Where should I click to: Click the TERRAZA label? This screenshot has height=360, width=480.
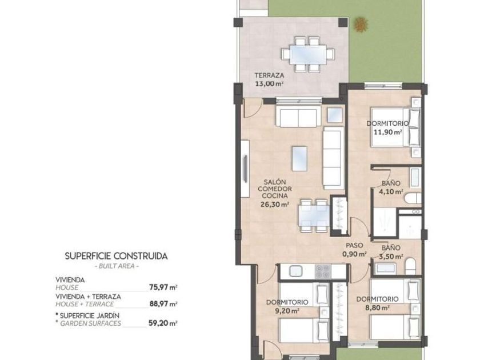pos(269,75)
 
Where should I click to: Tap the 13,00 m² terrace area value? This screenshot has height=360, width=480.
pos(269,83)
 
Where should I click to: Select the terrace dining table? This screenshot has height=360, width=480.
pos(308,54)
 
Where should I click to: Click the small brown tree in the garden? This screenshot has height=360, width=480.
pos(361,24)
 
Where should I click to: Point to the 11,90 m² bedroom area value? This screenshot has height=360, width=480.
pos(388,132)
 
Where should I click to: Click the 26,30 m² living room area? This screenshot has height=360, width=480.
pos(275,204)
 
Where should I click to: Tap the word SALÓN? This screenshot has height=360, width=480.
pos(275,182)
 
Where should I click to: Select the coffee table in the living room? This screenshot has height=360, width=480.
pos(299,159)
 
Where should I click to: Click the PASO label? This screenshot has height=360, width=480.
pos(354,245)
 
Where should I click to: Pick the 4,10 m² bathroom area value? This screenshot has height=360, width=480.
pos(391,192)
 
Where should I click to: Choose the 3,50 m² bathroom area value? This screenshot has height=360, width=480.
pos(391,257)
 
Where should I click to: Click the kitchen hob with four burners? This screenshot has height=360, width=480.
pos(323,271)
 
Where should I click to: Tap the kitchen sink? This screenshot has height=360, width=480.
pos(295,271)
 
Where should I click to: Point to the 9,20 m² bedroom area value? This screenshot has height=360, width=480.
pos(287,311)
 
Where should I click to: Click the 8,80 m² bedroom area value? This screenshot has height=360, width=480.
pos(378,307)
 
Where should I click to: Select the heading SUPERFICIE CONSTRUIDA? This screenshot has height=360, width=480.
pos(117,256)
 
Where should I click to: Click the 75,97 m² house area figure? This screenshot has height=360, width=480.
pos(163,287)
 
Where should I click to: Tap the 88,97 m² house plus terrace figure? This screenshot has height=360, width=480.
pos(163,304)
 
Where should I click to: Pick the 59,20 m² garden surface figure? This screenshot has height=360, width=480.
pos(163,323)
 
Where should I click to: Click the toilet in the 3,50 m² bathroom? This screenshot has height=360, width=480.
pos(410,266)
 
